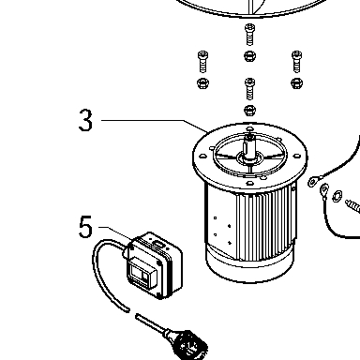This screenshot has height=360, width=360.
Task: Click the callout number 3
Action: (85, 120)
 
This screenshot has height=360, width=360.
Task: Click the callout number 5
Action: (85, 227)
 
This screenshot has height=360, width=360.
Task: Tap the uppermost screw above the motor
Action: (249, 35)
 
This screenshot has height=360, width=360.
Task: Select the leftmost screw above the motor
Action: (202, 62)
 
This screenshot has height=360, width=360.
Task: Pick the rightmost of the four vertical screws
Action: (296, 62)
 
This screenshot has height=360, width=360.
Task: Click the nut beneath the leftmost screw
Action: (202, 83)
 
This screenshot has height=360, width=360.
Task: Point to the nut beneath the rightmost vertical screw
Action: (296, 83)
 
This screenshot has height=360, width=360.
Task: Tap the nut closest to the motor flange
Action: (249, 110)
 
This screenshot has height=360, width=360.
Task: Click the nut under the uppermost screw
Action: (249, 56)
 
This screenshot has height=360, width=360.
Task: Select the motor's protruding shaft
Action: (249, 147)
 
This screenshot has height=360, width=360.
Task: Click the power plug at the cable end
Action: (187, 345)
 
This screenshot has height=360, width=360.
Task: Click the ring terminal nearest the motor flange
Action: (313, 181)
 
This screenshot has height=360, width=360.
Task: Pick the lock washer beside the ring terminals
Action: (337, 196)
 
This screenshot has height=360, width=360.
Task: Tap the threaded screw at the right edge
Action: (353, 207)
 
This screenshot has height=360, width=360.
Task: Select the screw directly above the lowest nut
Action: (249, 88)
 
